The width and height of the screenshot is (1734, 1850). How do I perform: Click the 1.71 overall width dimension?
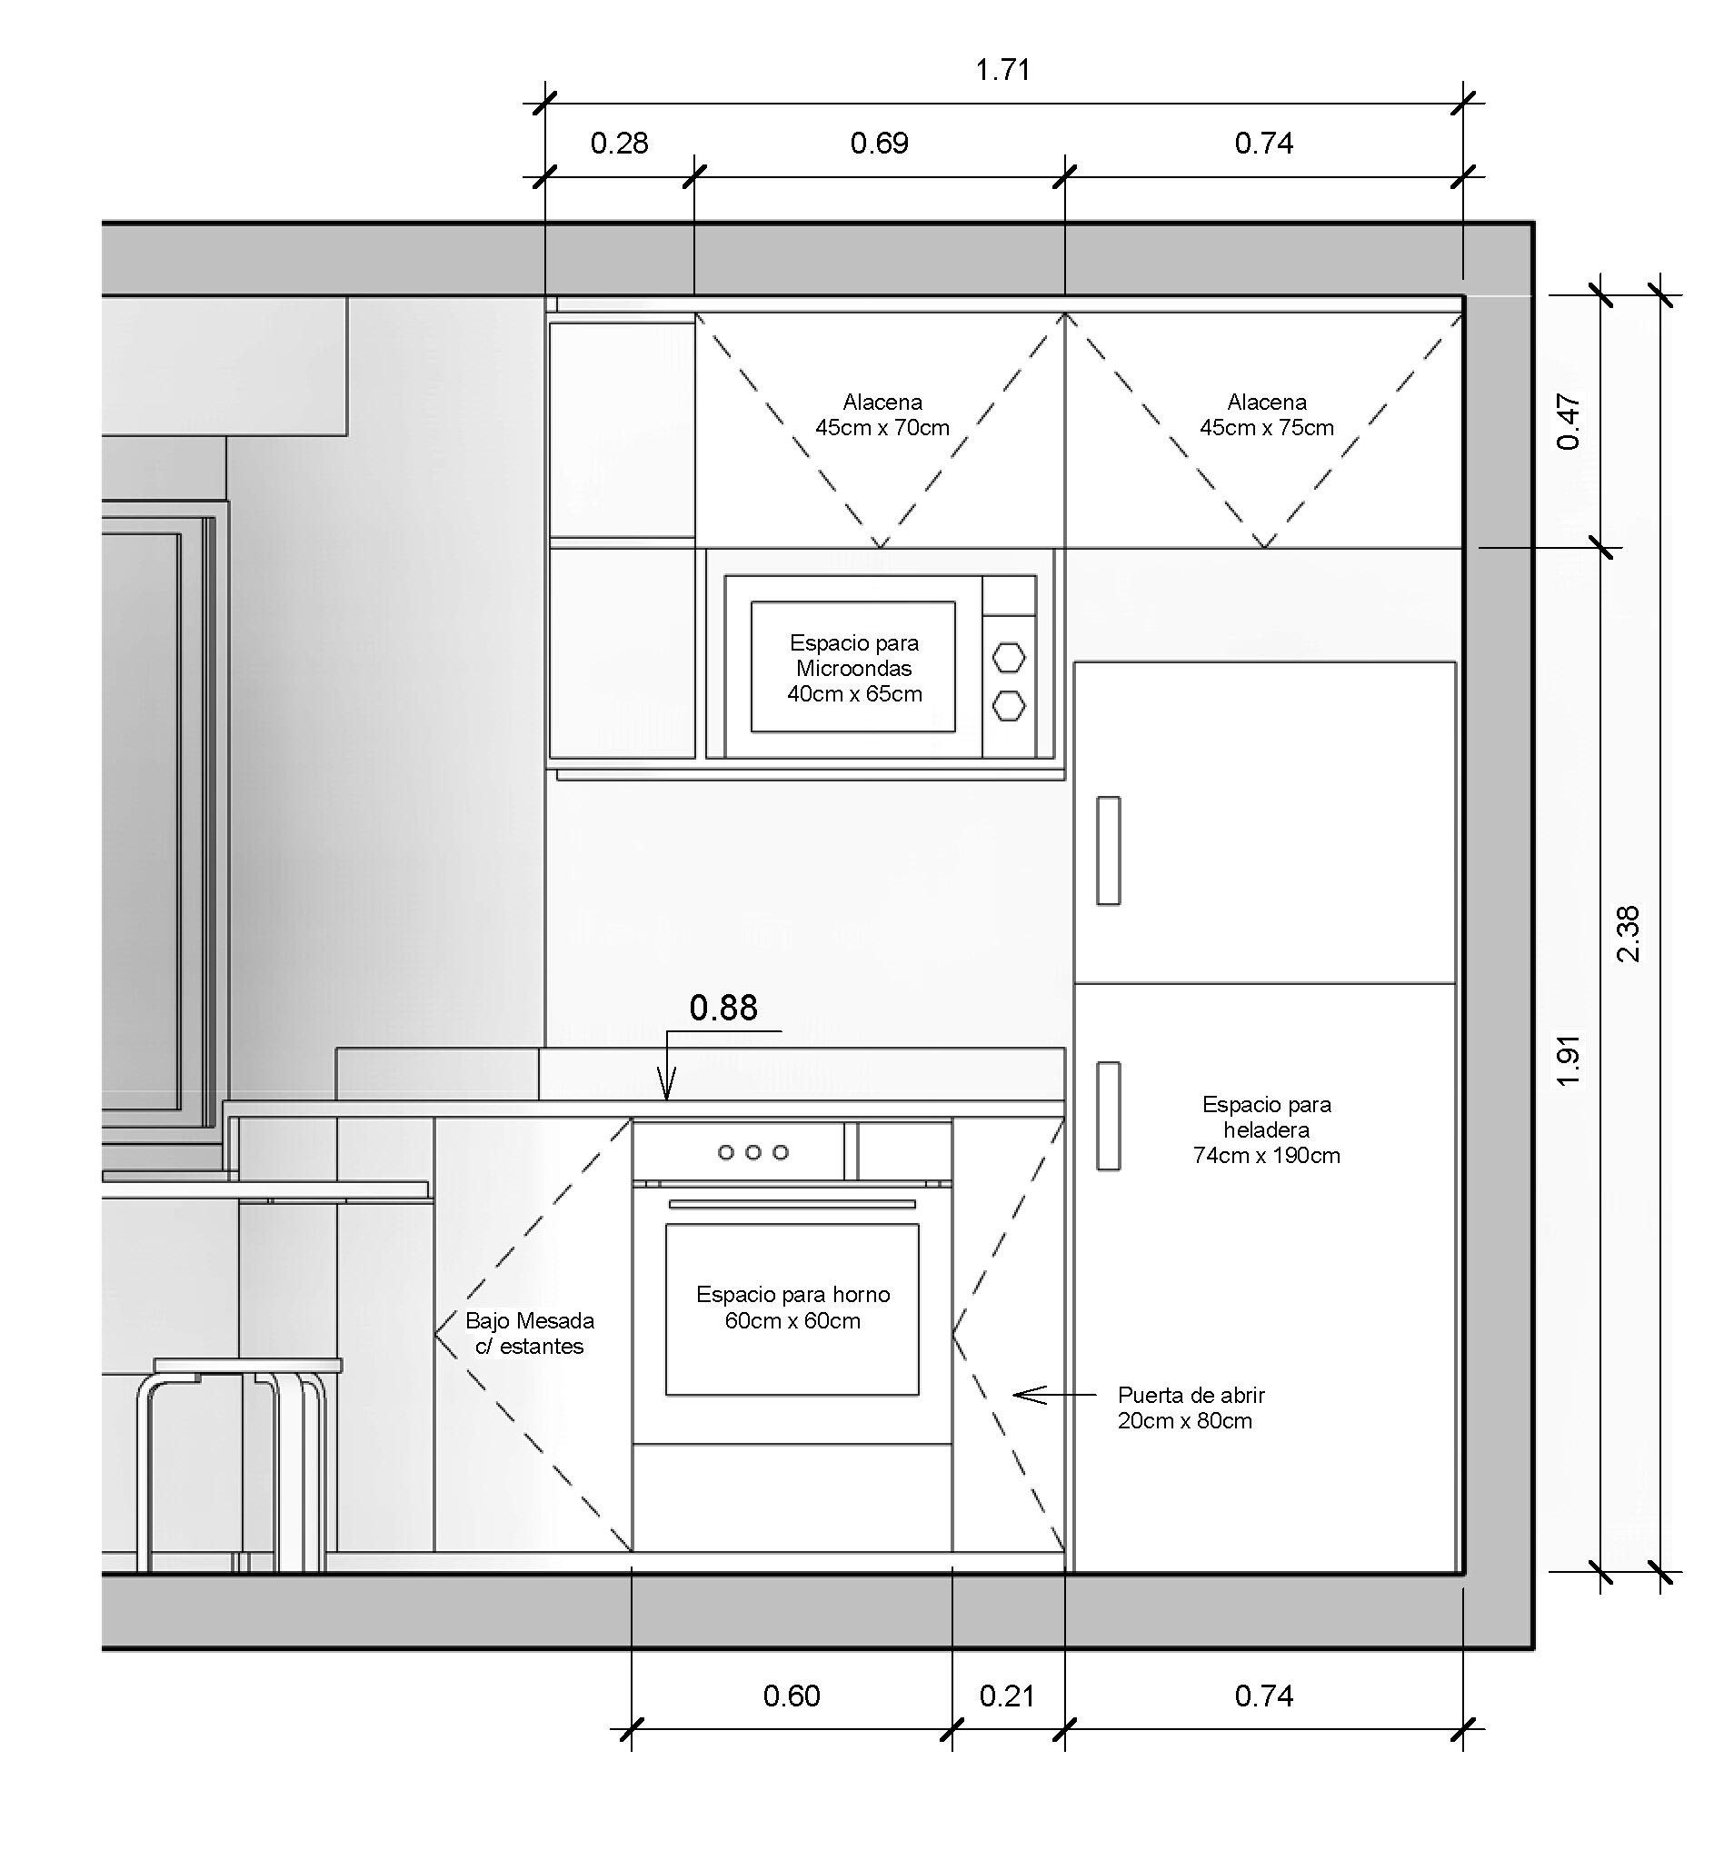(1002, 70)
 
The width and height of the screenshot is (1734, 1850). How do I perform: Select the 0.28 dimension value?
(619, 144)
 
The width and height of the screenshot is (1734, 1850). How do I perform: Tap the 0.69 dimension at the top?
(879, 144)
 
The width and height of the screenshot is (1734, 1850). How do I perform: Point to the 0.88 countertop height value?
(723, 1008)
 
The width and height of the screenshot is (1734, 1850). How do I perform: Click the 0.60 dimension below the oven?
(792, 1696)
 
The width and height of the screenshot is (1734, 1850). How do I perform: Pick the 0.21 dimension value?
(1007, 1696)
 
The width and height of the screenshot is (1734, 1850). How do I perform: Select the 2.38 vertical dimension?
(1629, 933)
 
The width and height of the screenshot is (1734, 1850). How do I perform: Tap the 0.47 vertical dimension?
(1569, 423)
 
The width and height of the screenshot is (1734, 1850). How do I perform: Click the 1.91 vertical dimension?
(1569, 1060)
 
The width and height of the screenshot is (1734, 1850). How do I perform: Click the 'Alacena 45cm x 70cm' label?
(882, 415)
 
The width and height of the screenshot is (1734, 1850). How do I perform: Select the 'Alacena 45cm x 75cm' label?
(1267, 415)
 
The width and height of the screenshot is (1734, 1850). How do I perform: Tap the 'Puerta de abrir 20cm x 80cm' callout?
(1191, 1408)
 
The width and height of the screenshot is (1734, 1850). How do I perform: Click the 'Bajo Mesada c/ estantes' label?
(530, 1334)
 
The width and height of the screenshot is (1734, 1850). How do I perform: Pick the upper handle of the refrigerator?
(1108, 850)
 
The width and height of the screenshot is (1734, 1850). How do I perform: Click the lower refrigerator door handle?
(1108, 1116)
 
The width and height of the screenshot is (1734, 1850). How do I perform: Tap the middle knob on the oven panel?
(753, 1153)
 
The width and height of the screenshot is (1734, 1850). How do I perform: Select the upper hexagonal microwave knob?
(1009, 658)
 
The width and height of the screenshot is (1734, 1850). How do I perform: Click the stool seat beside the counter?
(247, 1365)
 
